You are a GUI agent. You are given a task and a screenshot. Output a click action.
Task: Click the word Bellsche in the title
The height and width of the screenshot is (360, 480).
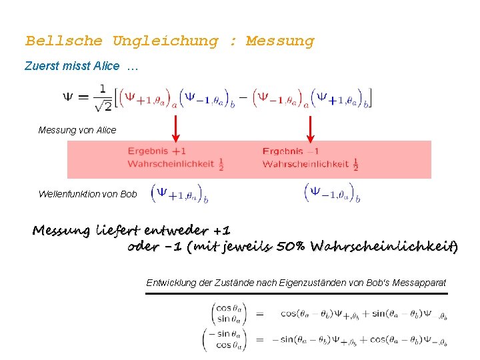point(64,41)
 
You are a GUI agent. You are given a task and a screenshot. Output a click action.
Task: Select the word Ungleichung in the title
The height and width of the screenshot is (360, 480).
point(165,41)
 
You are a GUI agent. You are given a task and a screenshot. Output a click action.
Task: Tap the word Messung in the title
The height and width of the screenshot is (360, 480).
point(279,41)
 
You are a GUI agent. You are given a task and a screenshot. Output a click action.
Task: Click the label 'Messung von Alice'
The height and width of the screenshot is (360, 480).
point(77,130)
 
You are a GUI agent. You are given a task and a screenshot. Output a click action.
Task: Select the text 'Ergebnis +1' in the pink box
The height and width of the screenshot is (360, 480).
point(157,151)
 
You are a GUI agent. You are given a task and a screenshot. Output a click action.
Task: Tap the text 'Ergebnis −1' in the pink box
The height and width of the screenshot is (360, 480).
point(291,151)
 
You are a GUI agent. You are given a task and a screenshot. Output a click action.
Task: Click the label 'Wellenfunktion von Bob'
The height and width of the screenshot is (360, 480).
point(88,194)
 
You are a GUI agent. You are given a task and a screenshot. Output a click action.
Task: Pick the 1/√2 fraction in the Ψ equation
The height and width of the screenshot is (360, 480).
point(102,97)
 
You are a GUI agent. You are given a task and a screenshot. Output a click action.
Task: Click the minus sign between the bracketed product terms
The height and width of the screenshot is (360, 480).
point(243,97)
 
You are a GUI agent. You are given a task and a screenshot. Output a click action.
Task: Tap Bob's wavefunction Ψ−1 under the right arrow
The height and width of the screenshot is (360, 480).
point(332,194)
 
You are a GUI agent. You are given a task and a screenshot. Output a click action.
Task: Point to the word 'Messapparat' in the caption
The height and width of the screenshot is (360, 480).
point(421,283)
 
